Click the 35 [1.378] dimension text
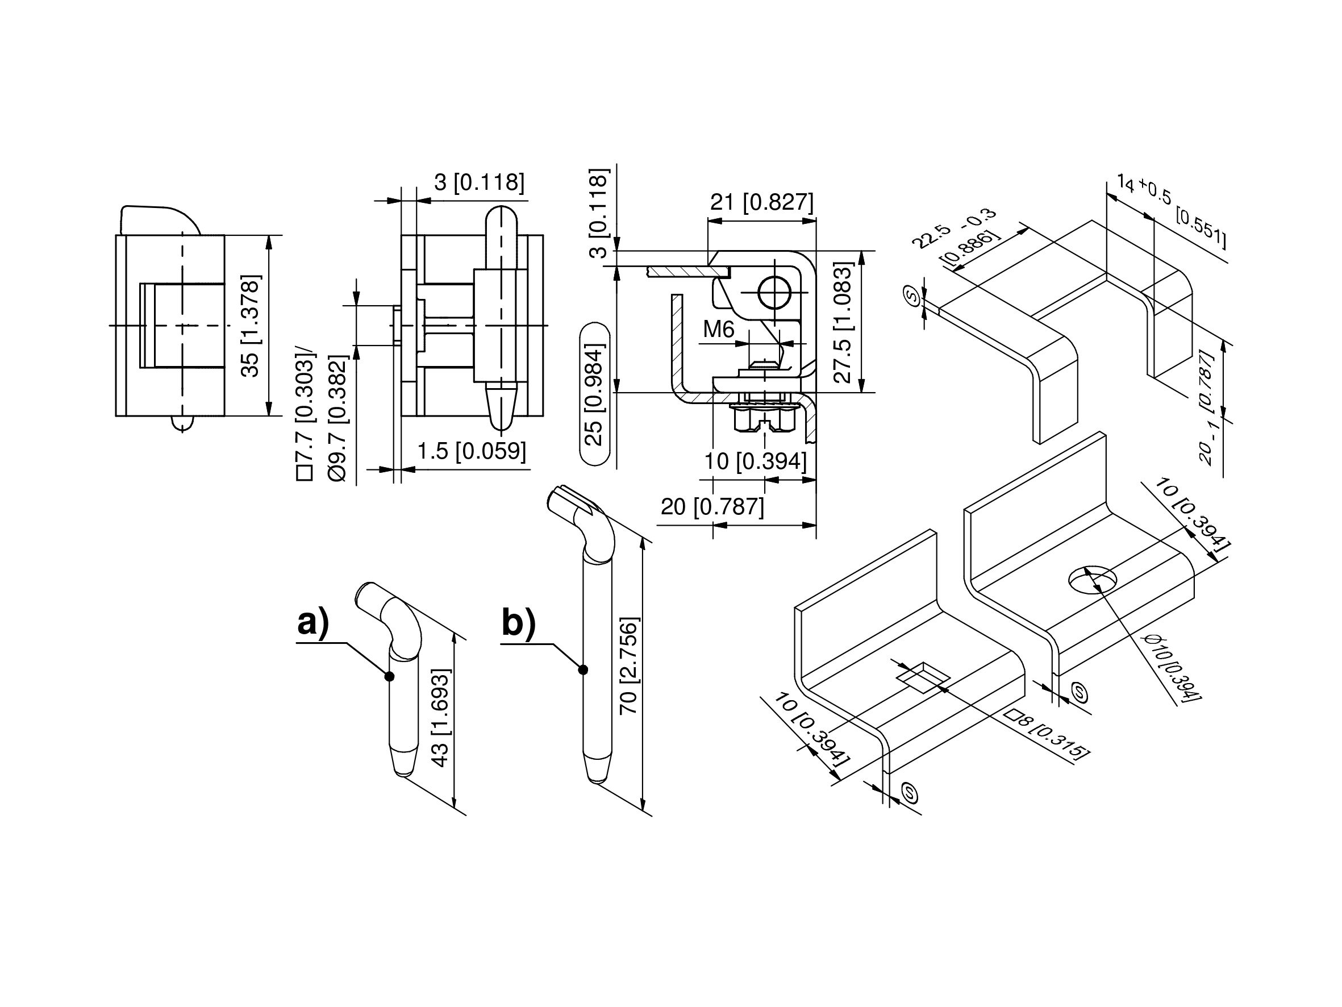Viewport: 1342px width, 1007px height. (x=250, y=326)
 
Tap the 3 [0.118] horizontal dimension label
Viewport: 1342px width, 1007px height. (x=480, y=182)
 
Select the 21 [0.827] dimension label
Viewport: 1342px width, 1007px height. (x=761, y=202)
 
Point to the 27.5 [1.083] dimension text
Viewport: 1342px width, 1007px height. (x=843, y=322)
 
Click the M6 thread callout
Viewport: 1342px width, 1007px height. (x=719, y=330)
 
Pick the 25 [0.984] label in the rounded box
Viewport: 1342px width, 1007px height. (x=594, y=394)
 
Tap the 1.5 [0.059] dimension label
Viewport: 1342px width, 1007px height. (x=472, y=451)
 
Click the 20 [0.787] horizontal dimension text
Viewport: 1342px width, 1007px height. (x=712, y=506)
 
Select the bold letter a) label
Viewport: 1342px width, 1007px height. (x=313, y=623)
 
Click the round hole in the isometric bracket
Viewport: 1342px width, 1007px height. (x=1093, y=581)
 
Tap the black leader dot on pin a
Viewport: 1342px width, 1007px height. (x=390, y=676)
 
